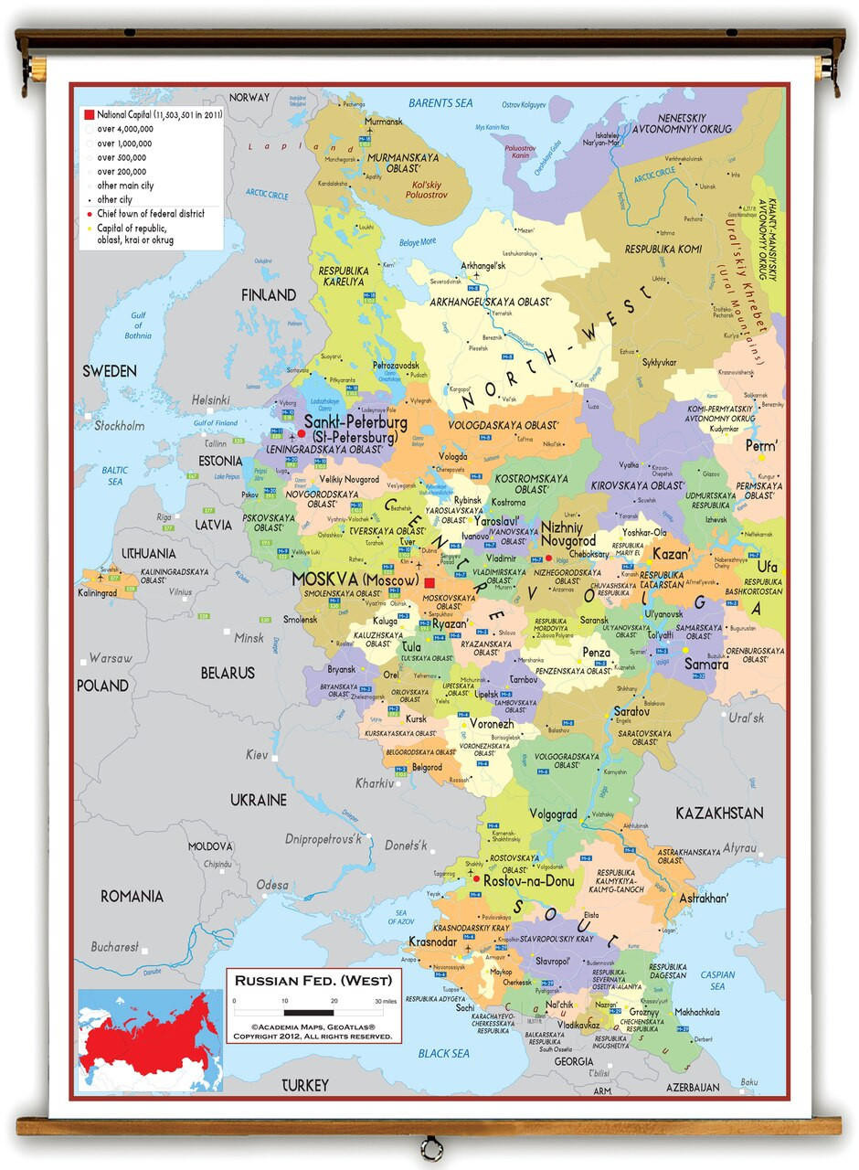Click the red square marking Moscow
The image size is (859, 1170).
pos(429,581)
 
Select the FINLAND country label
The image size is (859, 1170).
pos(268,295)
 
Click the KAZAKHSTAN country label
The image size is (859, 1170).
pos(719,813)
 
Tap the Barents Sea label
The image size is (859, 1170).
pos(440,103)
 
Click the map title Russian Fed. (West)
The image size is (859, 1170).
pos(313,981)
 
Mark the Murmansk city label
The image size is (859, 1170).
pos(384,122)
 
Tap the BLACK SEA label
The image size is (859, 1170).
pos(442,1053)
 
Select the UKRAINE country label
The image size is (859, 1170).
pos(258,800)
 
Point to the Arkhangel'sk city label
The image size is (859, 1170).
pos(483,266)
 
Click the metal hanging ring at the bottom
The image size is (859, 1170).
pos(429,1147)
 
